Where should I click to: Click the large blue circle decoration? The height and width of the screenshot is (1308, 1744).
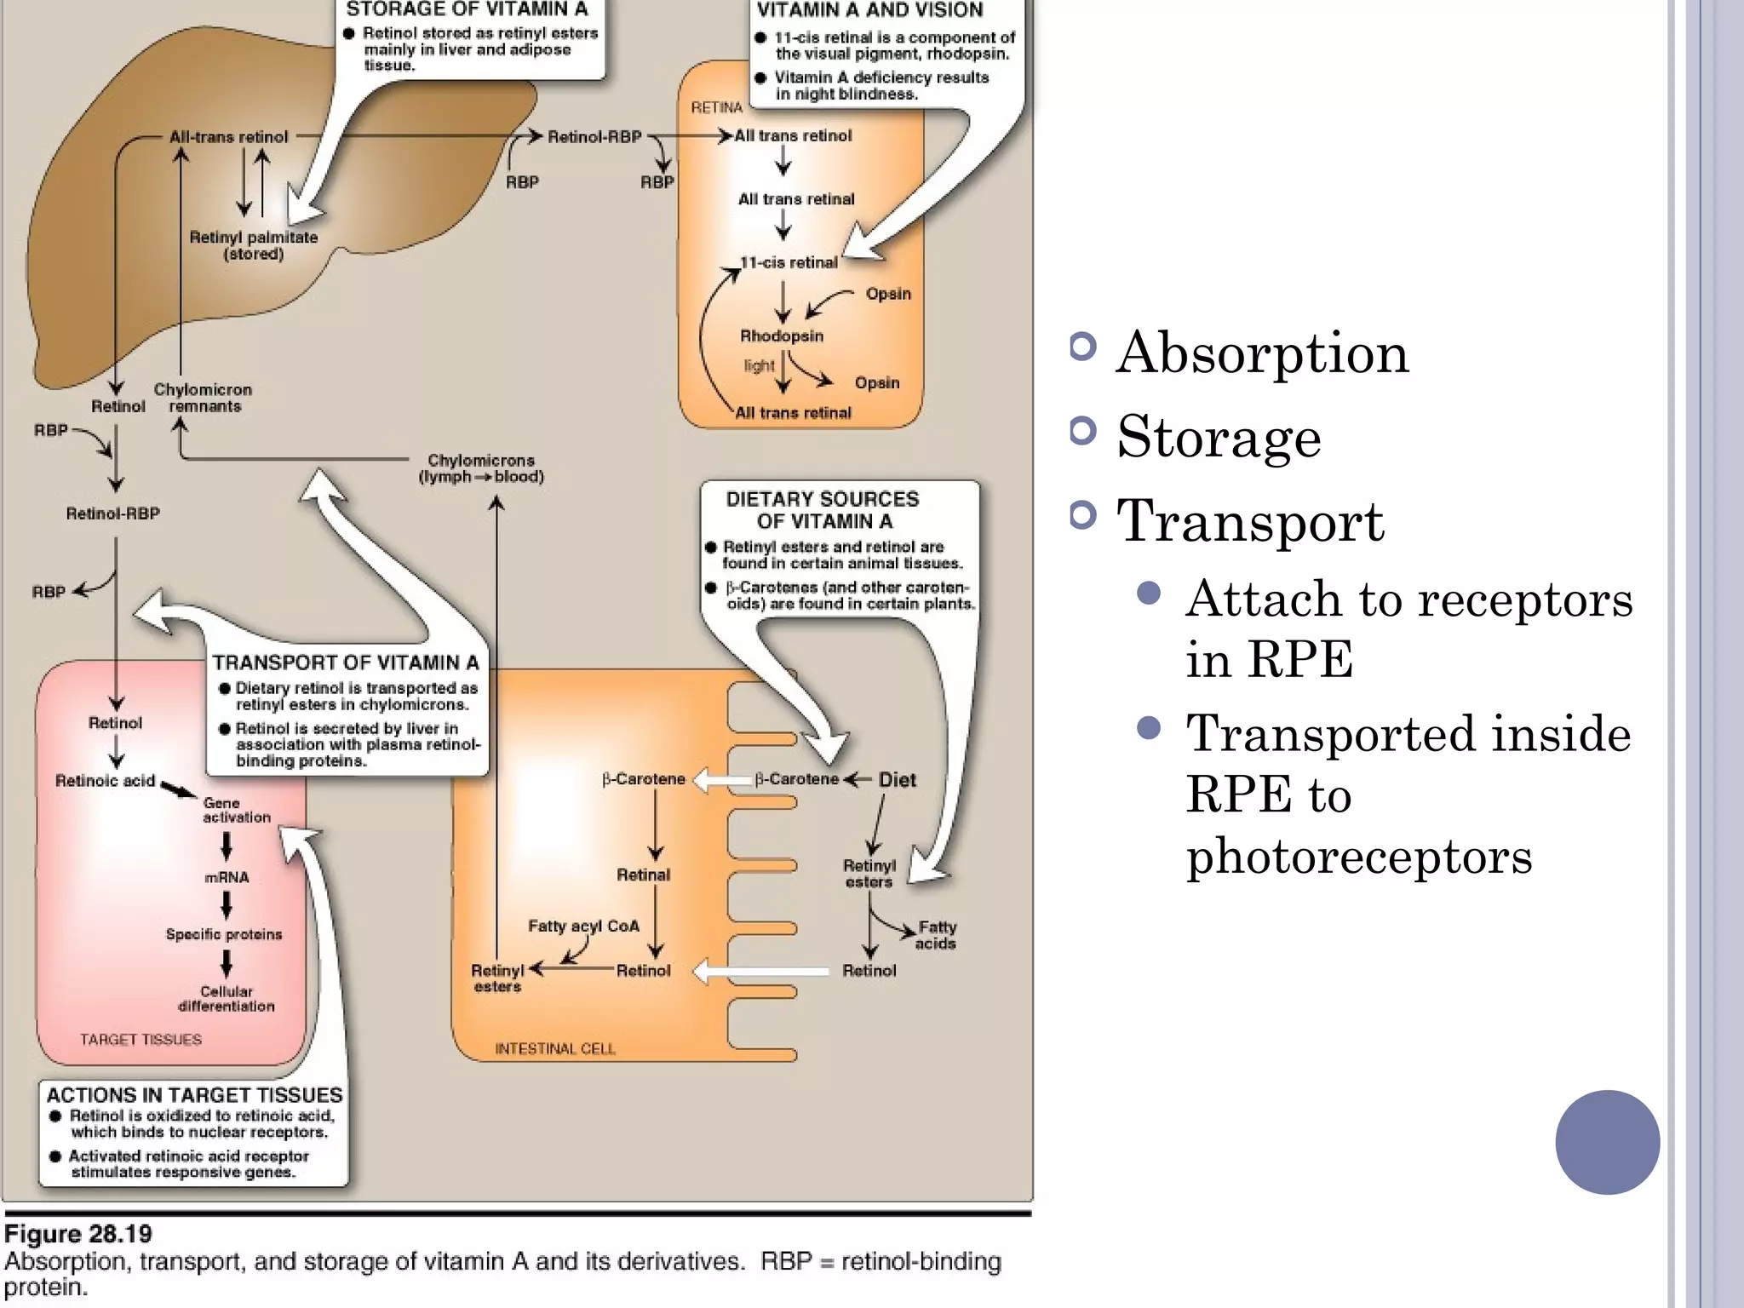click(1607, 1142)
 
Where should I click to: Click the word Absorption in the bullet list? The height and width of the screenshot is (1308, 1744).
click(1262, 353)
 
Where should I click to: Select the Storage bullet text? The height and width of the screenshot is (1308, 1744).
click(1219, 437)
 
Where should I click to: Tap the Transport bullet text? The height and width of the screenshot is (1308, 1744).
click(1250, 521)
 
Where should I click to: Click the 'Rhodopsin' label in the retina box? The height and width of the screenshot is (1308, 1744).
click(781, 336)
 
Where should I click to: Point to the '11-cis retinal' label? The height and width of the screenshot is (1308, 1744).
click(789, 263)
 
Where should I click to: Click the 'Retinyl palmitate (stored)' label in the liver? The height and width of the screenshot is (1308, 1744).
click(253, 245)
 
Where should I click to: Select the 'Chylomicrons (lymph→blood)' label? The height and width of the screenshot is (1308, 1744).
click(481, 468)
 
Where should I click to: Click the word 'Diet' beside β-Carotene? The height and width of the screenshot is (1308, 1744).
click(897, 780)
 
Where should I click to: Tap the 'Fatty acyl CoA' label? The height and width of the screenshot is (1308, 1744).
click(583, 926)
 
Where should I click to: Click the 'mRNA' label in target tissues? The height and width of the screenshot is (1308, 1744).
click(227, 877)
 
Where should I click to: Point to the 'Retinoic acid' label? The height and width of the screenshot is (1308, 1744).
click(105, 781)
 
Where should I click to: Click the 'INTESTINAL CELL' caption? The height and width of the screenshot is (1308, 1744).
click(555, 1048)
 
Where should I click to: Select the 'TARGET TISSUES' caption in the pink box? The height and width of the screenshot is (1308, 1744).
click(141, 1040)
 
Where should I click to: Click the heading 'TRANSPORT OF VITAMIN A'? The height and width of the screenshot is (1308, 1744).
click(346, 663)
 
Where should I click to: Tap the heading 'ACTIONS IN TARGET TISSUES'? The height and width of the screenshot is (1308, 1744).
click(194, 1095)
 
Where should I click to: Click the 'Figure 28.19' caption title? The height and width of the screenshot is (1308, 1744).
click(78, 1234)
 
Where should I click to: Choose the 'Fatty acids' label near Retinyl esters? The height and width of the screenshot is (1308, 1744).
click(936, 935)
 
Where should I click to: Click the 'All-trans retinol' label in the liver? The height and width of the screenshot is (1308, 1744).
click(228, 137)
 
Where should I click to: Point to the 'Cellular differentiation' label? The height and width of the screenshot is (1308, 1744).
click(226, 999)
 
